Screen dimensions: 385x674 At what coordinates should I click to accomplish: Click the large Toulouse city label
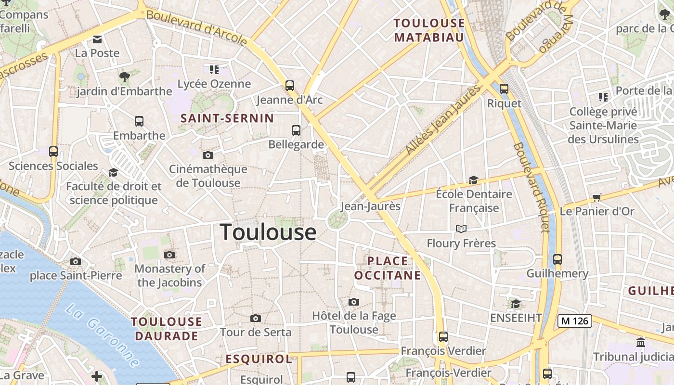click(x=268, y=232)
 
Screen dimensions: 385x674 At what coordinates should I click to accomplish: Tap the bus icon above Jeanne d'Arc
click(x=289, y=86)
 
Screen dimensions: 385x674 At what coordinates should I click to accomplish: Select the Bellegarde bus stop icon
click(x=296, y=130)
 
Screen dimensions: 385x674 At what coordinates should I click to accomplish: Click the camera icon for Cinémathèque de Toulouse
click(x=208, y=155)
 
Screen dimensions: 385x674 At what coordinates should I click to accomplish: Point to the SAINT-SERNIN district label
click(x=227, y=118)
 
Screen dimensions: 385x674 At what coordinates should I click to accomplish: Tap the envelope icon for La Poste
click(x=97, y=39)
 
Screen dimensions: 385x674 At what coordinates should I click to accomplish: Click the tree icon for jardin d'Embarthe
click(x=124, y=77)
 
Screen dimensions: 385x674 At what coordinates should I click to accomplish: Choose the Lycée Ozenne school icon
click(x=214, y=70)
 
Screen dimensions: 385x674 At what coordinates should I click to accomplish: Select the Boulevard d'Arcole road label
click(x=196, y=28)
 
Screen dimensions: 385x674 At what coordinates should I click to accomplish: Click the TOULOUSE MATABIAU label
click(x=429, y=30)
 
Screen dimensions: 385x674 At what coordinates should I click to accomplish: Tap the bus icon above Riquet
click(x=504, y=89)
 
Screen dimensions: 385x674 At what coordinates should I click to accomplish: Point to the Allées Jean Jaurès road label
click(x=443, y=120)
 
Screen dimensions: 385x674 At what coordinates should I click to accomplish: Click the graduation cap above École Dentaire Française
click(x=474, y=180)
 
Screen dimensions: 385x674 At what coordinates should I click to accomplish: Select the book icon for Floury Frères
click(x=461, y=229)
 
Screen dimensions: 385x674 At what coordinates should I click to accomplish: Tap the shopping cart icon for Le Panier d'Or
click(x=597, y=197)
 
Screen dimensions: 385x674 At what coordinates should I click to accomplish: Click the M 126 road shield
click(x=574, y=321)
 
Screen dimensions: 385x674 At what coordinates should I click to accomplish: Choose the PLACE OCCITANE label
click(x=388, y=268)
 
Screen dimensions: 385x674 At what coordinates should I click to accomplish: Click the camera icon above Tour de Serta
click(x=256, y=318)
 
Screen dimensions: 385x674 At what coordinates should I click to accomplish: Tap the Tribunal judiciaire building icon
click(x=641, y=342)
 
